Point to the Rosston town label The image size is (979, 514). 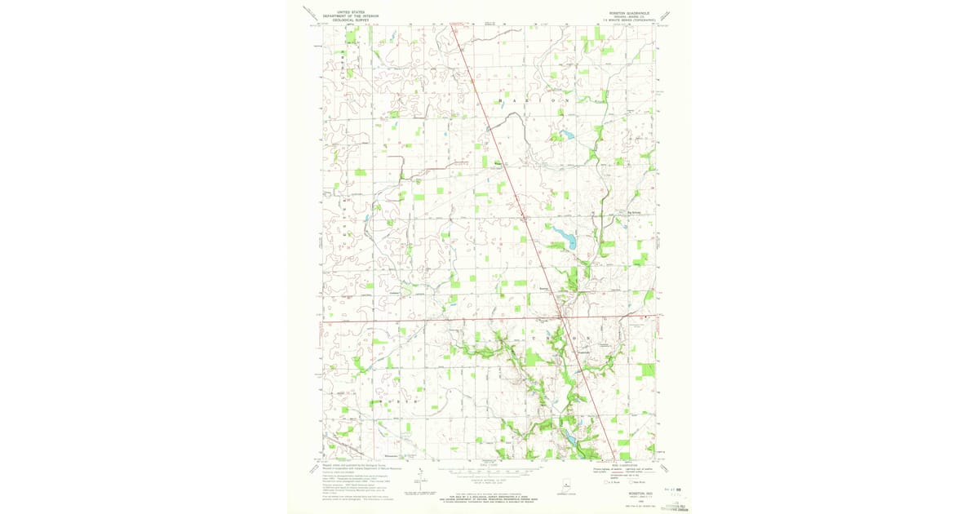544,287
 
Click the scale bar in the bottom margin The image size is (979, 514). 489,472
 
